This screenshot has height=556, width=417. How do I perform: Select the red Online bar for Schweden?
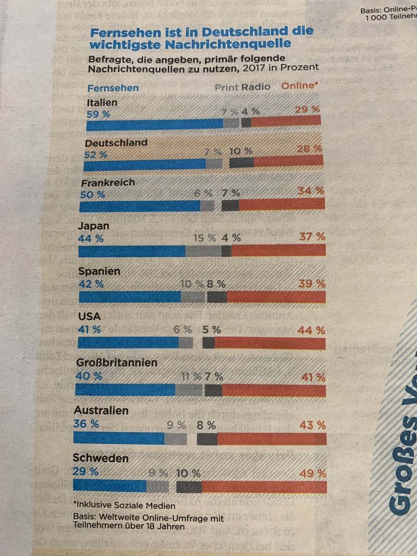click(x=264, y=487)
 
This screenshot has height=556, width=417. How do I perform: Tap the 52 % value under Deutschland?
click(x=96, y=155)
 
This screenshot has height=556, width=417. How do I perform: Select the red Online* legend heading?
click(x=301, y=87)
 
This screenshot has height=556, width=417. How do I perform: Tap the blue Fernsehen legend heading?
click(x=113, y=88)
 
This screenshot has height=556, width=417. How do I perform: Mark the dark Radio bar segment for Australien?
click(x=207, y=438)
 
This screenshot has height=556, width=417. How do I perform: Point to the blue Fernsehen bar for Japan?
click(x=132, y=251)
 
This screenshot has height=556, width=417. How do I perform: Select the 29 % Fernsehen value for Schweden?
click(x=86, y=472)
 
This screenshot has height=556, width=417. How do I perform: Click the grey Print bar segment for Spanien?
click(x=193, y=297)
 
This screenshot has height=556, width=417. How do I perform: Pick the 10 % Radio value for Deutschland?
click(x=241, y=151)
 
